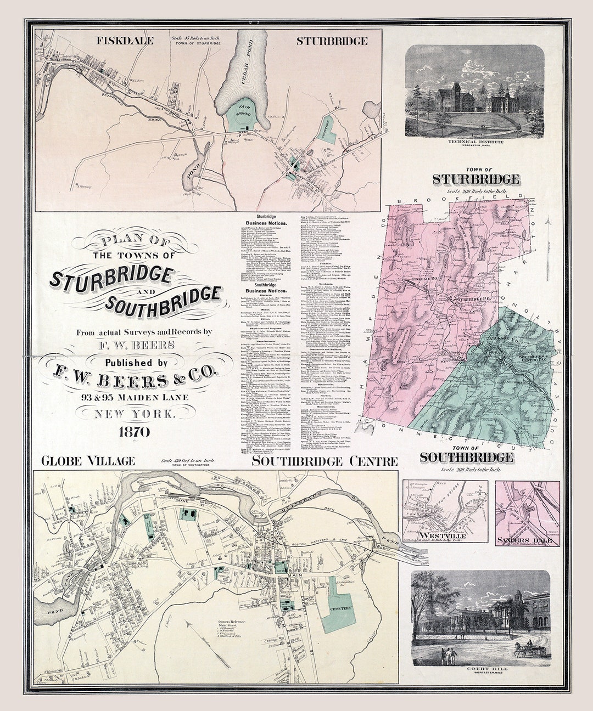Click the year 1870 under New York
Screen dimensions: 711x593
(x=134, y=432)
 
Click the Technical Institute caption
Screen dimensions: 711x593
(x=475, y=142)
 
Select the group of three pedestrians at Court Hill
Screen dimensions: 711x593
(x=449, y=654)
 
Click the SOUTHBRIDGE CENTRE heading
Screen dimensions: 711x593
(x=324, y=461)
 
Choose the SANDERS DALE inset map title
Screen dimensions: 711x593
(x=527, y=541)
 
